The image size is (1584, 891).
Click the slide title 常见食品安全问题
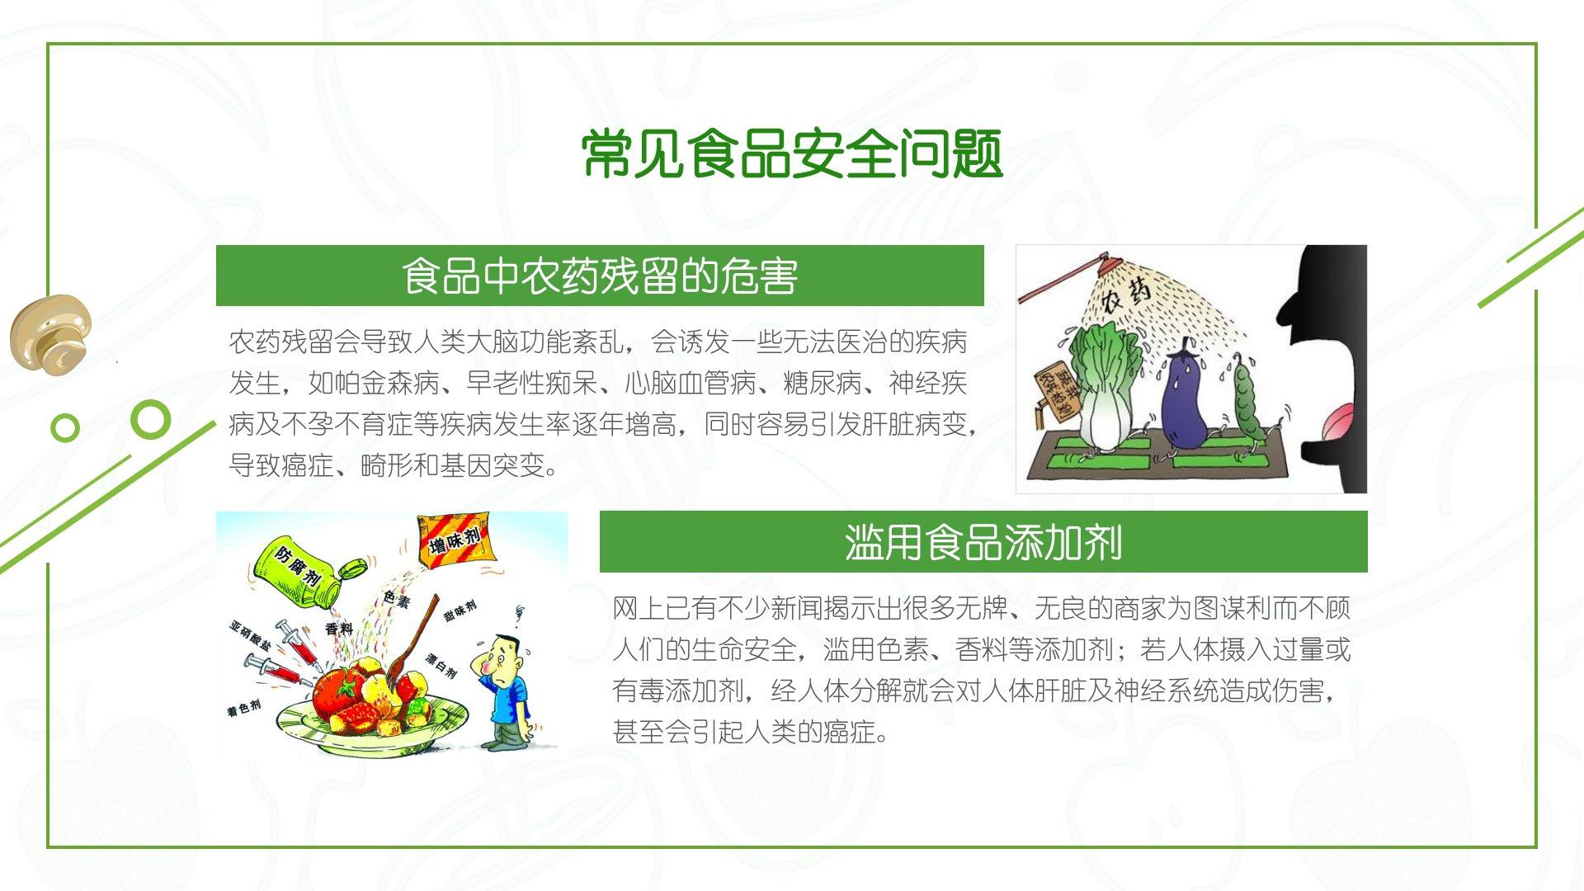pyautogui.click(x=792, y=154)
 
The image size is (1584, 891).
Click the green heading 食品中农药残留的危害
pyautogui.click(x=600, y=276)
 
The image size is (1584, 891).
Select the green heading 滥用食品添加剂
pyautogui.click(x=983, y=542)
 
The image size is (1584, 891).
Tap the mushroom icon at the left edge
pyautogui.click(x=51, y=332)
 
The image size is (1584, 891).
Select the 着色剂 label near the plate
pyautogui.click(x=244, y=708)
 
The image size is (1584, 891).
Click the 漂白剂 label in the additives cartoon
pyautogui.click(x=441, y=665)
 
